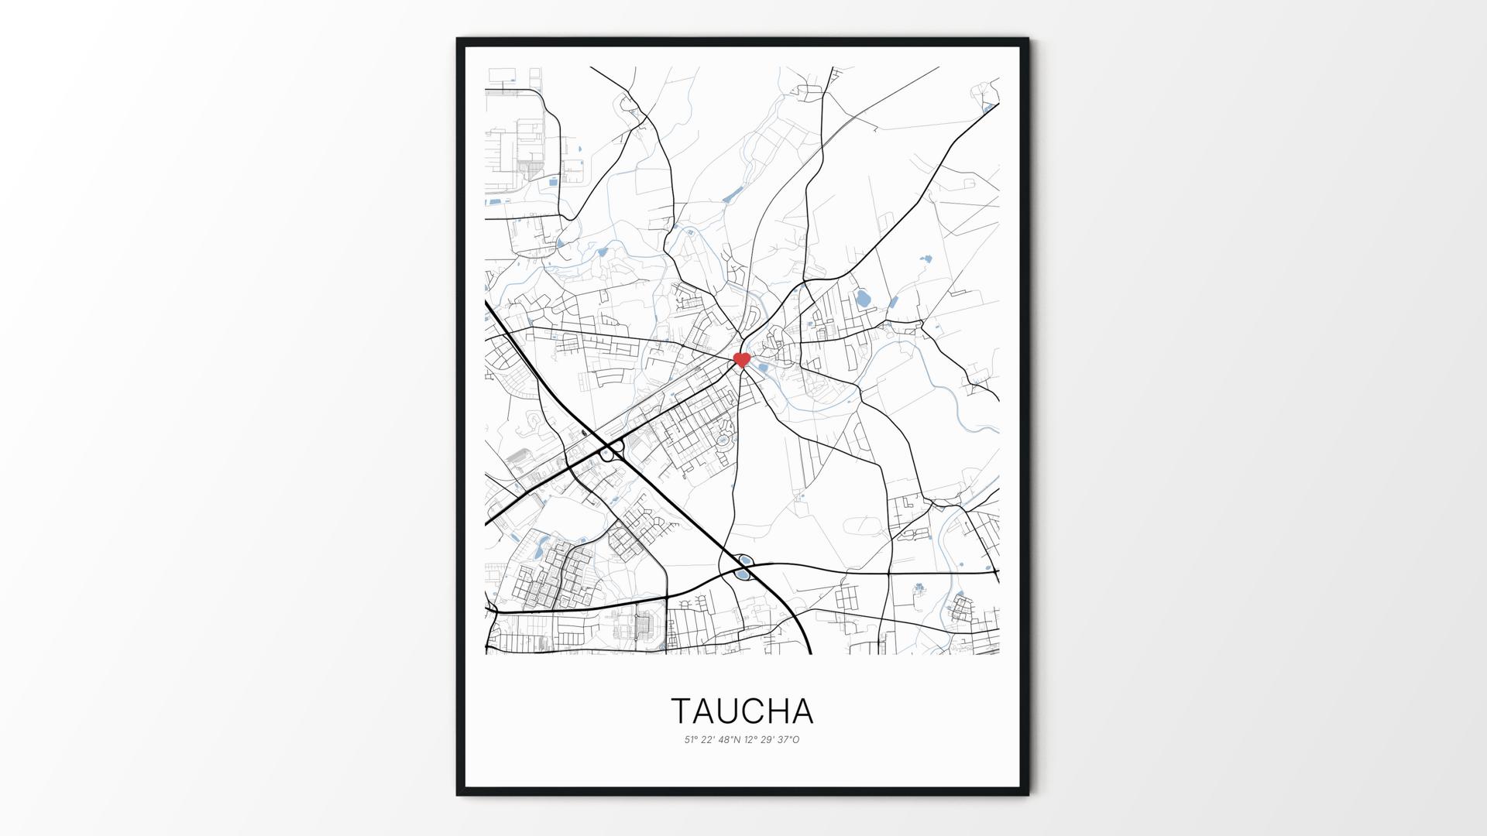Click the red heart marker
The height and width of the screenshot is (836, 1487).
(x=742, y=359)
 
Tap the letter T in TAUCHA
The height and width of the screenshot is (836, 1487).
(x=681, y=711)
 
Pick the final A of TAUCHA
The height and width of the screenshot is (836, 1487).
(x=803, y=711)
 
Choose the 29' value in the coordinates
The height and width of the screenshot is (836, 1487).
(x=767, y=740)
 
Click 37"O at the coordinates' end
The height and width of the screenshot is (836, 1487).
(x=788, y=740)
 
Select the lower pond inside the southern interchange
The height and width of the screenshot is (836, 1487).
(x=742, y=575)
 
